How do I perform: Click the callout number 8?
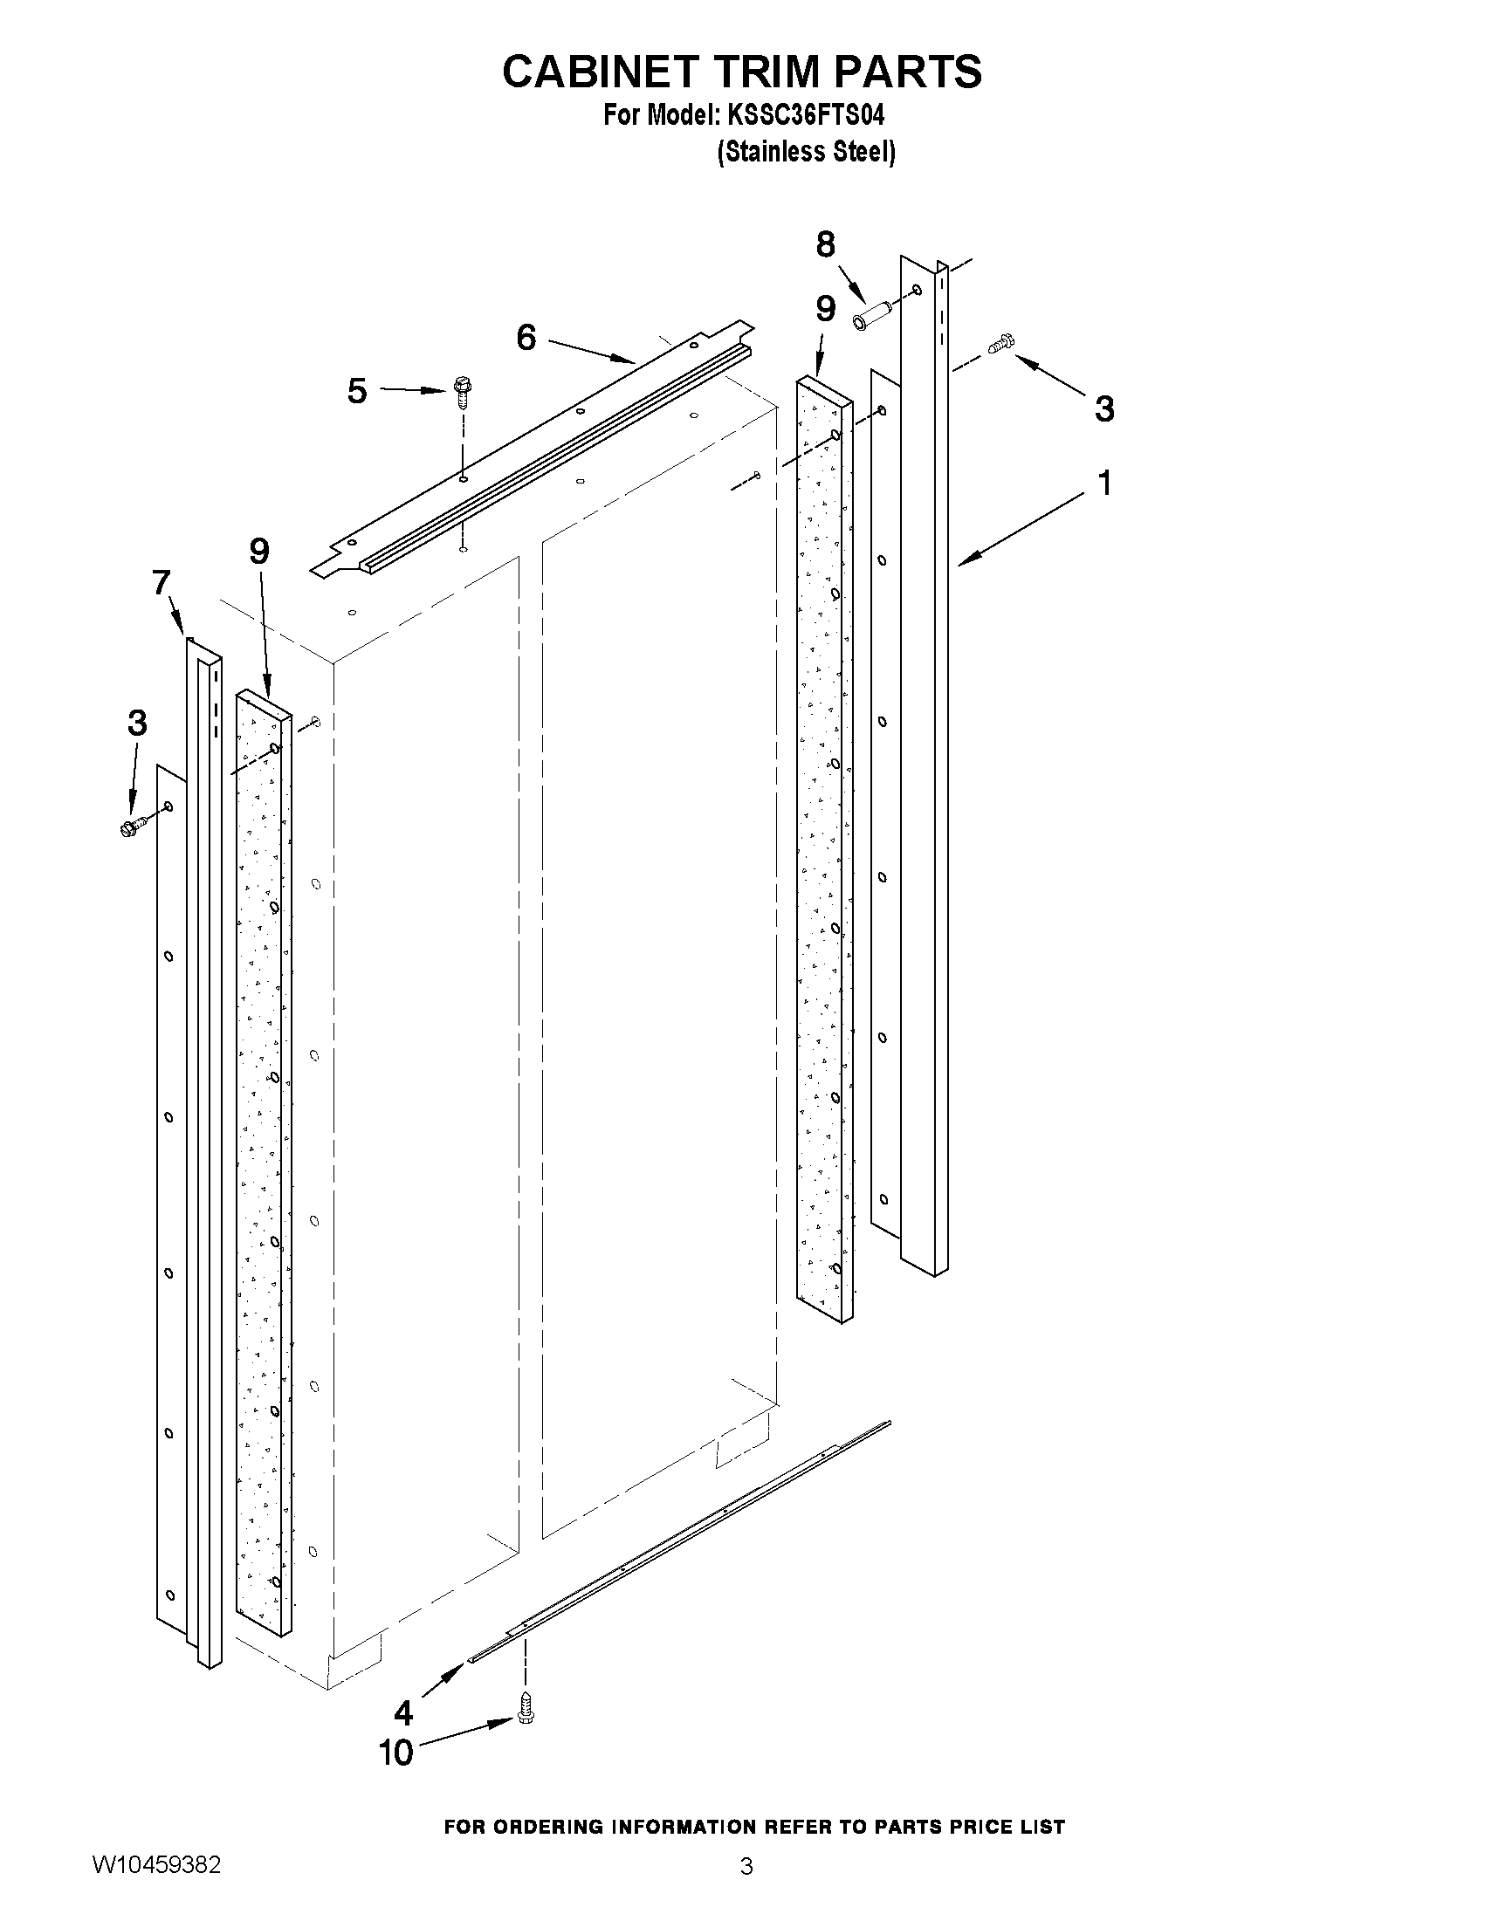point(824,244)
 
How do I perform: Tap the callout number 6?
point(526,337)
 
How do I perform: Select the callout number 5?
point(356,391)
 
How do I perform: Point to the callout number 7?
point(161,582)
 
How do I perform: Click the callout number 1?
point(1105,483)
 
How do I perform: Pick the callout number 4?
point(403,1712)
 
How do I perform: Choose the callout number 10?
point(395,1753)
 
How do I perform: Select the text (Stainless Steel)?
point(806,152)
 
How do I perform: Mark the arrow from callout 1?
point(1021,529)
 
